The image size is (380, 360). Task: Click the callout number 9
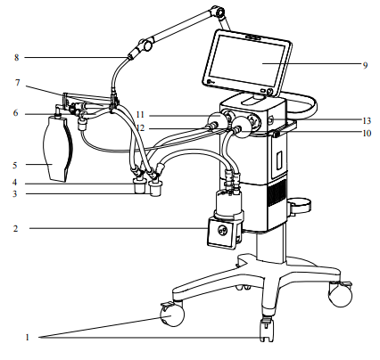coord(365,65)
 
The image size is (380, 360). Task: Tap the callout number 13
coord(367,120)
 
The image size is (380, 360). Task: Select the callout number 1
coord(28,338)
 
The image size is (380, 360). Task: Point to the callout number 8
coord(17,57)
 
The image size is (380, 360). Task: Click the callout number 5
coord(15,165)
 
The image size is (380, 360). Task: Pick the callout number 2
coord(15,228)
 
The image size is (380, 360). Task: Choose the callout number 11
coord(140,115)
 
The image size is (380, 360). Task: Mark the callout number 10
coord(367,133)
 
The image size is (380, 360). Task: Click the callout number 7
coord(18,83)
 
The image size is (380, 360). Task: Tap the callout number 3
coord(15,194)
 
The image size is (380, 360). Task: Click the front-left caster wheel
coord(172,315)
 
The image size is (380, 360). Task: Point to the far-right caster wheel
coord(340,294)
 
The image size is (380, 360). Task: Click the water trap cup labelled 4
coord(139,186)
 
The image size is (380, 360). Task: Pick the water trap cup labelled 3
coord(154,189)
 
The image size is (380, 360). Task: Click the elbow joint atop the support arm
coord(219,12)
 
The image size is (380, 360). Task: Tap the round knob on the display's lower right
coord(270,92)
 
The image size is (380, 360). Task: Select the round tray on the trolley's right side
coord(300,205)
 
